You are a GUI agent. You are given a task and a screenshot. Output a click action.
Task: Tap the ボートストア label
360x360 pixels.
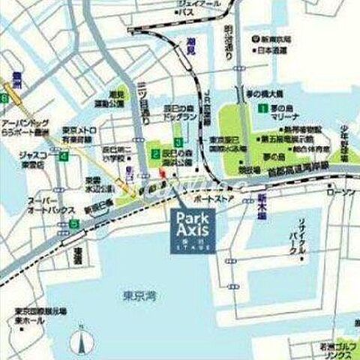209,201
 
